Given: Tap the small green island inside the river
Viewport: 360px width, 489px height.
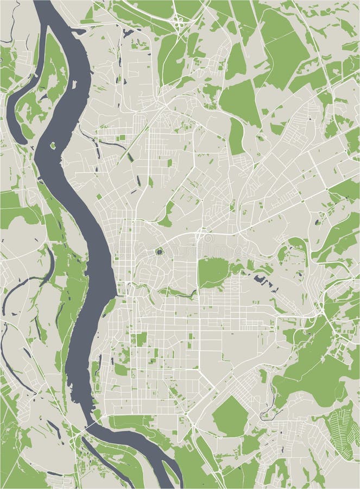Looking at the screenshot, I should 53,146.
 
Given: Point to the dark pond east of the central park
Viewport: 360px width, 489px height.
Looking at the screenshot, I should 264,281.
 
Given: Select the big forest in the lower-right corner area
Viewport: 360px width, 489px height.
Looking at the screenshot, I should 310,375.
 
